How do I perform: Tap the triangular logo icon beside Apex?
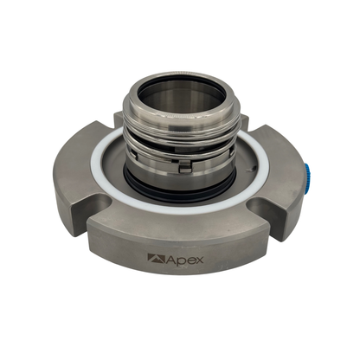(x=155, y=257)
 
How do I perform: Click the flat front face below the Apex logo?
(x=178, y=277)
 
